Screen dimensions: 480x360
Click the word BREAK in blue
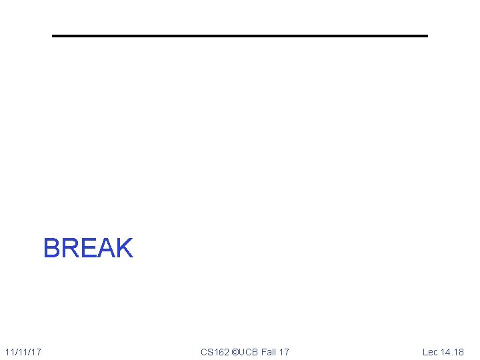88,248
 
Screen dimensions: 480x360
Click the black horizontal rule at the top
240,35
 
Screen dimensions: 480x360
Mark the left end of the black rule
54,35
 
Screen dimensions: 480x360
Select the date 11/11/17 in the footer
23,351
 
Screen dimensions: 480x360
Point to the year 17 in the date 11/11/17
37,351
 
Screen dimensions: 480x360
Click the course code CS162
215,351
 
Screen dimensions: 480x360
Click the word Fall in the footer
269,351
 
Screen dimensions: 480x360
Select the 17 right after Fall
284,351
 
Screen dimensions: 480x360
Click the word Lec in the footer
430,351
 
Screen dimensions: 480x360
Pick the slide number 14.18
453,351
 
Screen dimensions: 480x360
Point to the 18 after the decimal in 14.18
459,351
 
